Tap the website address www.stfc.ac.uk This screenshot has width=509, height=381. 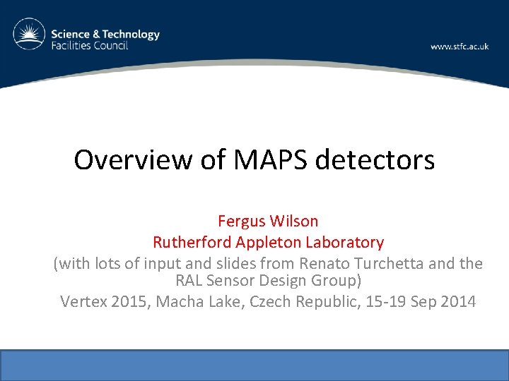[x=460, y=47]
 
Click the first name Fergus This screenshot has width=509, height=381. [x=242, y=221]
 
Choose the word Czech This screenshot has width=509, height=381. [x=258, y=301]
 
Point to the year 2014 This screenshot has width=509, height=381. [x=460, y=301]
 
